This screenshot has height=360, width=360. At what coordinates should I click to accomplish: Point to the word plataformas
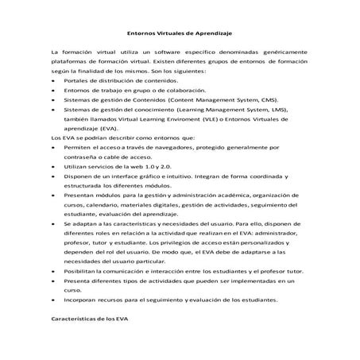[x=69, y=61]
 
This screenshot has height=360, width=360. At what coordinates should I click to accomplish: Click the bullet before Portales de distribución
[x=52, y=81]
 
